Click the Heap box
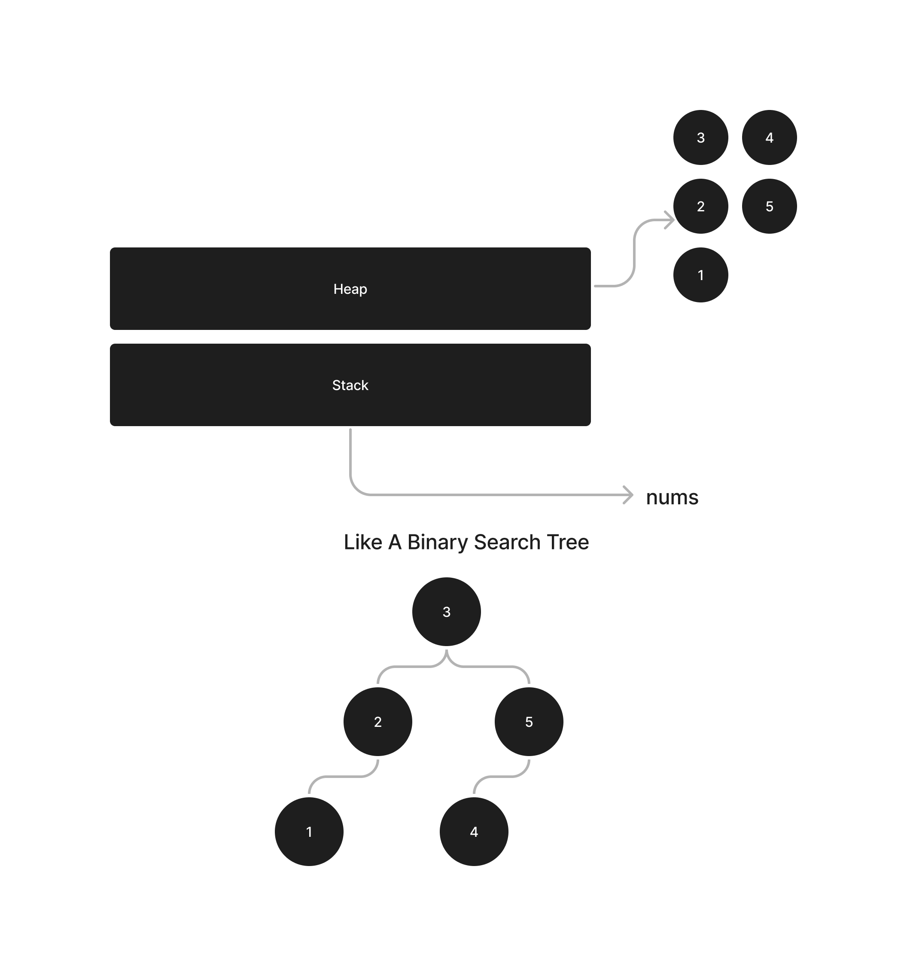350,289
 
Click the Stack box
350,385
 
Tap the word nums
672,497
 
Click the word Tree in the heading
568,542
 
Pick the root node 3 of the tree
446,612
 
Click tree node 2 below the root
377,722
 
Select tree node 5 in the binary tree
529,722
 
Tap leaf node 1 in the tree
309,832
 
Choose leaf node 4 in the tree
474,832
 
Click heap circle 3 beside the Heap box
700,137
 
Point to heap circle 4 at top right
769,137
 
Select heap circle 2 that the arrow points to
700,206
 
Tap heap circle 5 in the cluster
769,206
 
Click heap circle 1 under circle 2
700,275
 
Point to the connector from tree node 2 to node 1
344,777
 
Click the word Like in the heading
363,542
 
